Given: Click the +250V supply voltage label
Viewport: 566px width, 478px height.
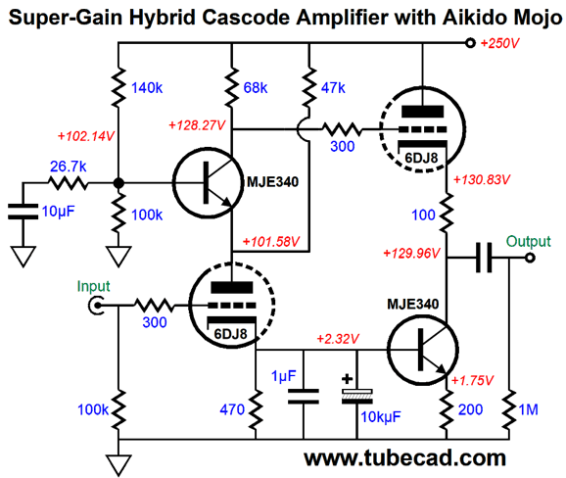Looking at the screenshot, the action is (x=500, y=43).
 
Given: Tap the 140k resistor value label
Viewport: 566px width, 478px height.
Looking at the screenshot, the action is (x=147, y=88).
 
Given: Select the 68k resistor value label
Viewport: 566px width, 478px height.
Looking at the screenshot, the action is (x=256, y=88).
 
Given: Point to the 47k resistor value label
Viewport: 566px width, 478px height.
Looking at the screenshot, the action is (x=333, y=88).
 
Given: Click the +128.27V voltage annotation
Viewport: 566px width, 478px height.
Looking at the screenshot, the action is (x=197, y=125).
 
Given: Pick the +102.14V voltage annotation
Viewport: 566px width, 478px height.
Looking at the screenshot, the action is (x=86, y=136).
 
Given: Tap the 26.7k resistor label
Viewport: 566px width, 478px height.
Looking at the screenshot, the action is (x=69, y=167).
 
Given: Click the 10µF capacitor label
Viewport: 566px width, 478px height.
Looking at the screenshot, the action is (x=58, y=212).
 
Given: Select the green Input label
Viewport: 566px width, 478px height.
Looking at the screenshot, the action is (x=93, y=287).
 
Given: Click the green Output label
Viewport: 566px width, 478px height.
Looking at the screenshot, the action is (x=529, y=241).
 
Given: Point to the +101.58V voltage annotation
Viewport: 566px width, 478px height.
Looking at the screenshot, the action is (x=271, y=242).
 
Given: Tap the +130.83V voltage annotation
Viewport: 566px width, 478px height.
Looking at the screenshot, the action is (x=482, y=179).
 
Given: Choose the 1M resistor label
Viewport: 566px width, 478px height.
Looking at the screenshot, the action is (x=528, y=409).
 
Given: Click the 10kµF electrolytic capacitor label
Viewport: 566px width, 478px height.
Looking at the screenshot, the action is (x=381, y=417).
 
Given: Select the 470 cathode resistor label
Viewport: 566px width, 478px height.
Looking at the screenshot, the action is (x=232, y=409).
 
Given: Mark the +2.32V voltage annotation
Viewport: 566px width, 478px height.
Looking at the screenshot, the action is (x=338, y=339).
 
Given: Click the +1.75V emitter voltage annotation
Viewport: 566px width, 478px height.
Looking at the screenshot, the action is (x=472, y=380).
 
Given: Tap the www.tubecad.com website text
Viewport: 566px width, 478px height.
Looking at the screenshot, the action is (x=404, y=457).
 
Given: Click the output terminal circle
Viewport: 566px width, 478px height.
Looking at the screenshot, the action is (x=530, y=258).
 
